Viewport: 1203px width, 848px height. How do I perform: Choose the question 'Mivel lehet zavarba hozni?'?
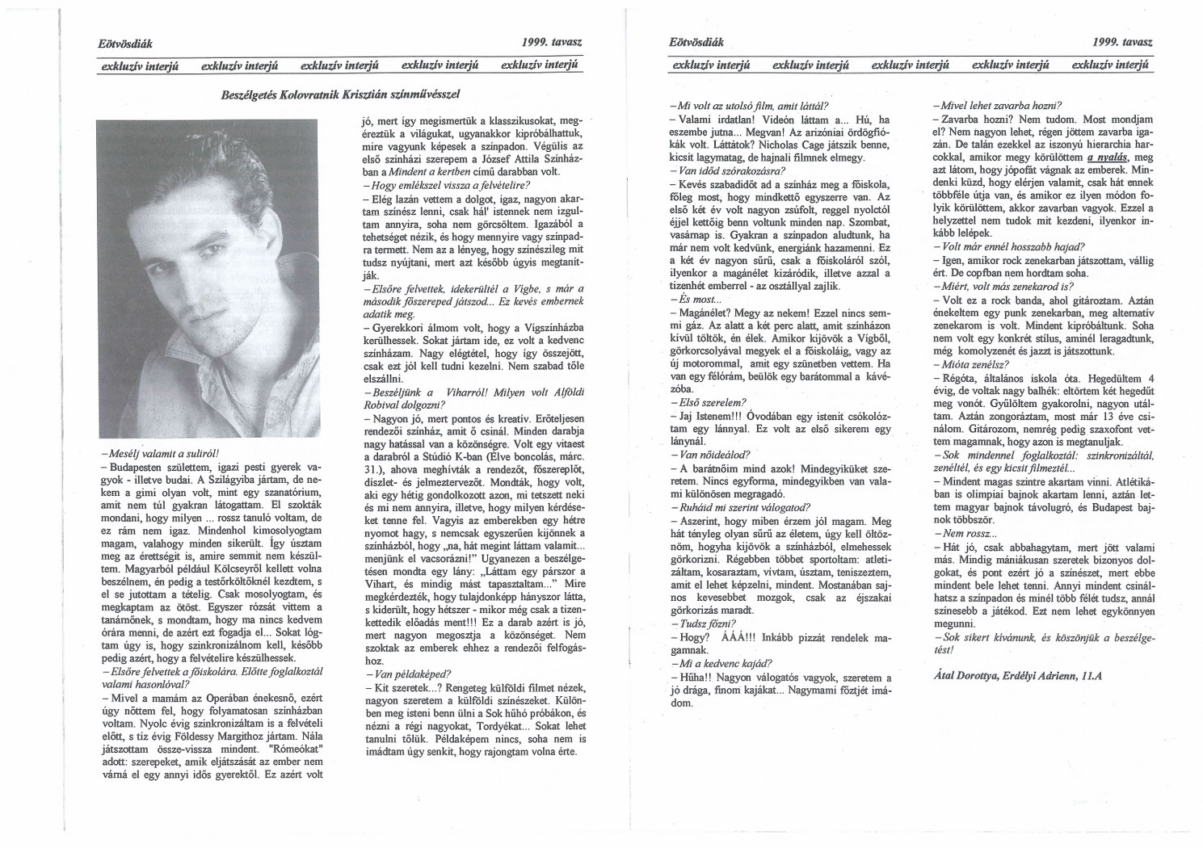[x=997, y=106]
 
